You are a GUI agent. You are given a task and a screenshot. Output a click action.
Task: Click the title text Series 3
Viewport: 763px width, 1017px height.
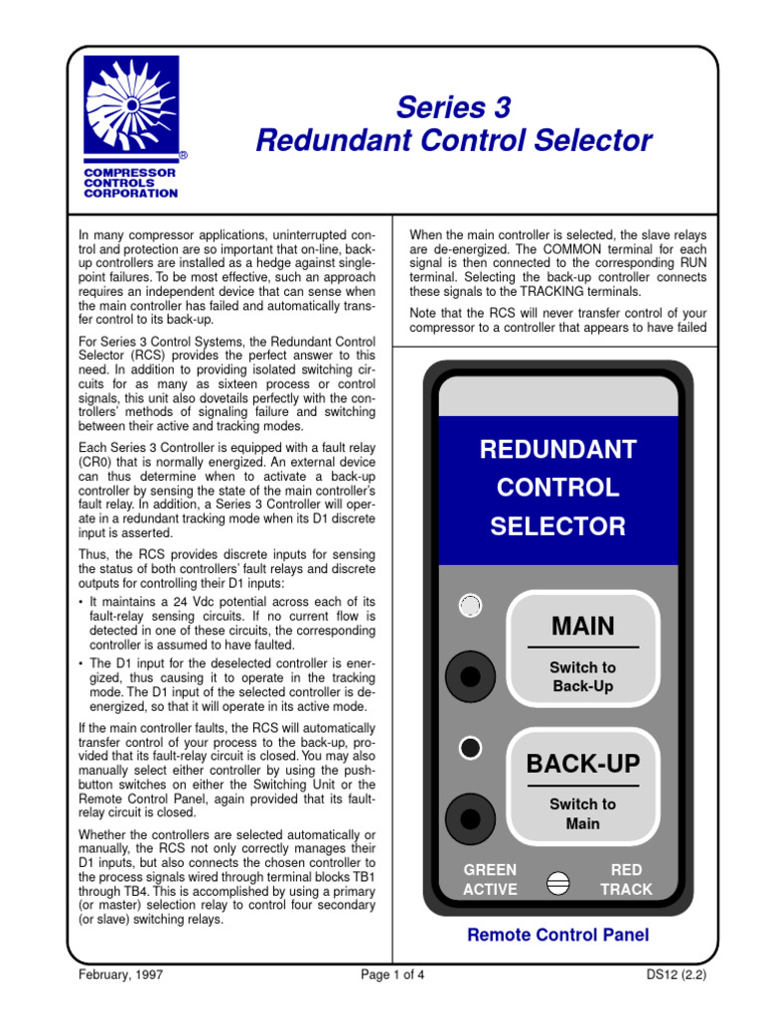tap(453, 106)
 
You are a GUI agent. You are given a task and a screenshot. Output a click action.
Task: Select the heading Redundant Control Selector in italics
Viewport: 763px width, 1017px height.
tap(453, 141)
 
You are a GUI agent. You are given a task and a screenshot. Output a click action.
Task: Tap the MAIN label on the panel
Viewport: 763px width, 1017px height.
tap(583, 627)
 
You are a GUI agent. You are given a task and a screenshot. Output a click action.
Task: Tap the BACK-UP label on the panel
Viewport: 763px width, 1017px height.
tap(583, 764)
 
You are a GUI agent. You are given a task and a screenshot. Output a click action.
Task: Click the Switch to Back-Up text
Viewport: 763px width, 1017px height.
tap(583, 677)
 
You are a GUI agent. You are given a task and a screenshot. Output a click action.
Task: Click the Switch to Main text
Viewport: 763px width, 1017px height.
tap(583, 813)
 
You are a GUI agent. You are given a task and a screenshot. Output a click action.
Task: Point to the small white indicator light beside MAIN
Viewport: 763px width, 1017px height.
tap(471, 606)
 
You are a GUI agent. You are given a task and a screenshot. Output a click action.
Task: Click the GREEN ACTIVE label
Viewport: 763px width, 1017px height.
tap(490, 880)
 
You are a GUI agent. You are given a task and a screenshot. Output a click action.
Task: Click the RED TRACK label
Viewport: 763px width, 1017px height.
tap(626, 880)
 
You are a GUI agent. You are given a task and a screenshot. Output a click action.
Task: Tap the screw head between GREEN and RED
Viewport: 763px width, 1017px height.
tap(558, 882)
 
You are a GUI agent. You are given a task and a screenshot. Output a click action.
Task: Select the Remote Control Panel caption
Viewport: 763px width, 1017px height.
tap(557, 935)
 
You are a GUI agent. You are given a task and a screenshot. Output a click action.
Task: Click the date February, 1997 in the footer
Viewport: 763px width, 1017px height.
tap(120, 974)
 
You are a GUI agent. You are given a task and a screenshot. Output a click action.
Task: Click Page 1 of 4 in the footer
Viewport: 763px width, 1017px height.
tap(392, 974)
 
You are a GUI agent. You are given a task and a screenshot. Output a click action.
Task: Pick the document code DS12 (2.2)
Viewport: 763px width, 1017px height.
tap(675, 974)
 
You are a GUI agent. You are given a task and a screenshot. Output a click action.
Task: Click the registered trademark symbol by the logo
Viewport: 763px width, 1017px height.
tap(183, 157)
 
